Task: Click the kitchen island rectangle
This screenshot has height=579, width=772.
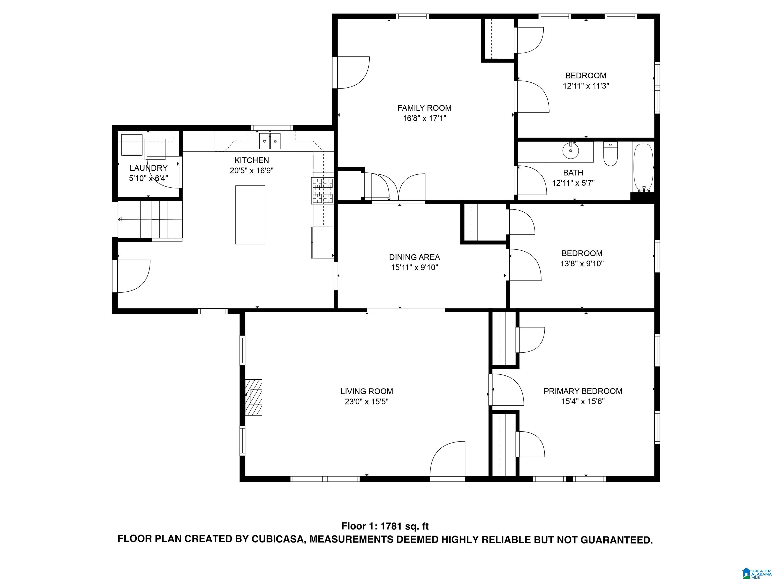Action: click(250, 215)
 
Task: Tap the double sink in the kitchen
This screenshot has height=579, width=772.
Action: click(270, 141)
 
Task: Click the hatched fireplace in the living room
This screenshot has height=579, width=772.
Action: click(254, 397)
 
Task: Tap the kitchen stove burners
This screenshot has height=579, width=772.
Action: click(322, 190)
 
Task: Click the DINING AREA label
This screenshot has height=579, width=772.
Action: click(415, 257)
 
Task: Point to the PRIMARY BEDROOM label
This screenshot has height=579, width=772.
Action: click(583, 391)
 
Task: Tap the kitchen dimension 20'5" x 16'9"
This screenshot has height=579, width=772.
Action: click(252, 171)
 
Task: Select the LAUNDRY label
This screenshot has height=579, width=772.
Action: click(149, 168)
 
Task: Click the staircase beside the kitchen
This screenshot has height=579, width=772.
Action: click(150, 220)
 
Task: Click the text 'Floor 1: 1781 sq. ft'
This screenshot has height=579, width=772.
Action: click(385, 526)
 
